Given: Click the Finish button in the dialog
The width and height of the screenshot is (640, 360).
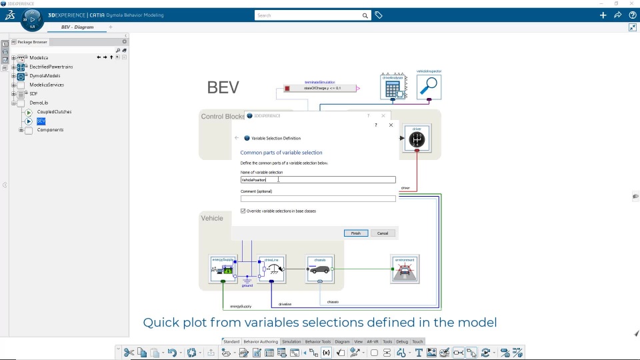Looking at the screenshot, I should [x=356, y=233].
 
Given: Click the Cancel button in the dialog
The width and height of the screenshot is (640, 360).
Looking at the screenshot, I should [x=383, y=233].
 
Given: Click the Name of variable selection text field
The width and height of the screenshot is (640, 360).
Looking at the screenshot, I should [x=318, y=180].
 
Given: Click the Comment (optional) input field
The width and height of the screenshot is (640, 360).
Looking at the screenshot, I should [x=318, y=199].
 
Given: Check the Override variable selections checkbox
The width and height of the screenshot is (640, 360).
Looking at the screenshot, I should [x=243, y=211].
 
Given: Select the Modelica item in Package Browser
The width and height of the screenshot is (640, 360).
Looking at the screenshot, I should [x=39, y=58].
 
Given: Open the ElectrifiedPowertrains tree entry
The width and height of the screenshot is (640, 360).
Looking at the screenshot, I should [x=51, y=67].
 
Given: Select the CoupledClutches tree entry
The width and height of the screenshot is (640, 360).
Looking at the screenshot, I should [x=54, y=112].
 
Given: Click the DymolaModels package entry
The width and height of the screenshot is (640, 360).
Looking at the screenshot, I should [x=45, y=76].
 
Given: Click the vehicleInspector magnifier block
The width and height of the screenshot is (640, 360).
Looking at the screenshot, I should [x=429, y=87].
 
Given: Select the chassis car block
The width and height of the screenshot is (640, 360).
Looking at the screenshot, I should [x=320, y=269].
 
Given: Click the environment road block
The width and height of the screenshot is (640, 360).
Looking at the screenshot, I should [x=405, y=269].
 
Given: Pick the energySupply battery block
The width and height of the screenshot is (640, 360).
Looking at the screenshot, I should [x=223, y=269].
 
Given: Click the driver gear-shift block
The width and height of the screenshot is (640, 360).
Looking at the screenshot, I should [x=417, y=139].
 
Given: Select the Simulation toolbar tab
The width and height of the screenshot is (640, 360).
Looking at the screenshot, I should [x=291, y=342].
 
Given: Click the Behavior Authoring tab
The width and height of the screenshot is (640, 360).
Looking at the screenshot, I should [x=261, y=342].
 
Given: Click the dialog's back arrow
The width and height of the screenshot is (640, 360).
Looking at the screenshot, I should [x=237, y=138].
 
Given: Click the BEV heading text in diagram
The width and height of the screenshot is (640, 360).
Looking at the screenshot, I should [x=223, y=87].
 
